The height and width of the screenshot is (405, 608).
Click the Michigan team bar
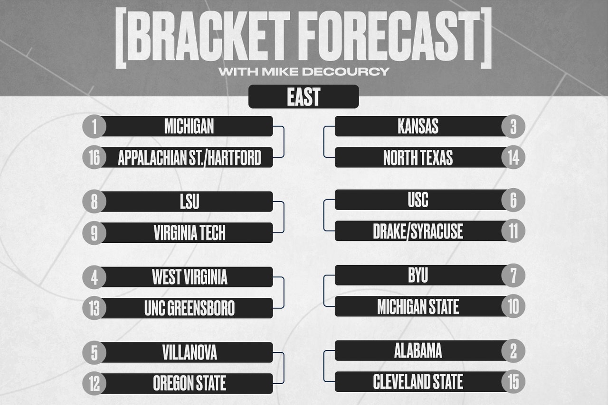[x=187, y=126]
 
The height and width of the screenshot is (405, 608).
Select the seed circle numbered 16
[x=94, y=157]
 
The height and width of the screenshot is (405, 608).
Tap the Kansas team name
[x=418, y=126]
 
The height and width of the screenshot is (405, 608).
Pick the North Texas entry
[x=421, y=157]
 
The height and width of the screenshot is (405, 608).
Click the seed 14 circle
[x=513, y=157]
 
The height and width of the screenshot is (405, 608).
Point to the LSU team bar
[x=187, y=202]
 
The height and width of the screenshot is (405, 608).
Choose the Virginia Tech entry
[x=187, y=233]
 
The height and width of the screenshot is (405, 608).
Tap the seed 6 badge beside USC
[x=513, y=200]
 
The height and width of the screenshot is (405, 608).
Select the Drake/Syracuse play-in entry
[x=421, y=231]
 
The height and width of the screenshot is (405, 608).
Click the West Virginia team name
[x=190, y=277]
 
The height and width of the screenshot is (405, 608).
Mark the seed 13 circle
[x=94, y=308]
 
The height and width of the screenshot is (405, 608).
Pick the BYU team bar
[x=421, y=276]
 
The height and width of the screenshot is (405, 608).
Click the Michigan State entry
[x=421, y=306]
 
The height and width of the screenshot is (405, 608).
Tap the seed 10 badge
[x=513, y=306]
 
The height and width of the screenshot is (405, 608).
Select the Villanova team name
[x=190, y=352]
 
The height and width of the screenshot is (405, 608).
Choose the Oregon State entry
[x=187, y=384]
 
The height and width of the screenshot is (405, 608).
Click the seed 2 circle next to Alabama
[x=513, y=351]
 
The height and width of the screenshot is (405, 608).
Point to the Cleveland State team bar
[x=421, y=382]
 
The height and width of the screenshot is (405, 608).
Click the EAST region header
[x=304, y=96]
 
